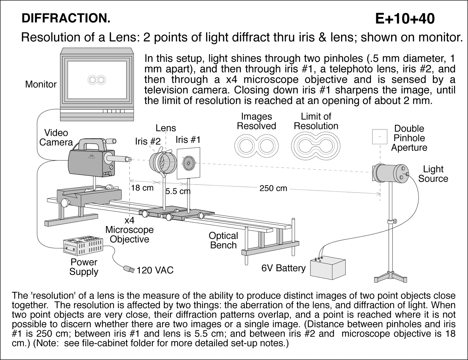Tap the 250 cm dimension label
point(273,188)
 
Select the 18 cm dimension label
point(142,188)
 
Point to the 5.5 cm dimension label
point(178,192)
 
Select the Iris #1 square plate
point(189,163)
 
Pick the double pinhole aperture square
point(380,137)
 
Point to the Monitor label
point(41,84)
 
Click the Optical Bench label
point(223,240)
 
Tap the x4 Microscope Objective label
point(129,230)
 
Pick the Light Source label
point(433,174)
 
